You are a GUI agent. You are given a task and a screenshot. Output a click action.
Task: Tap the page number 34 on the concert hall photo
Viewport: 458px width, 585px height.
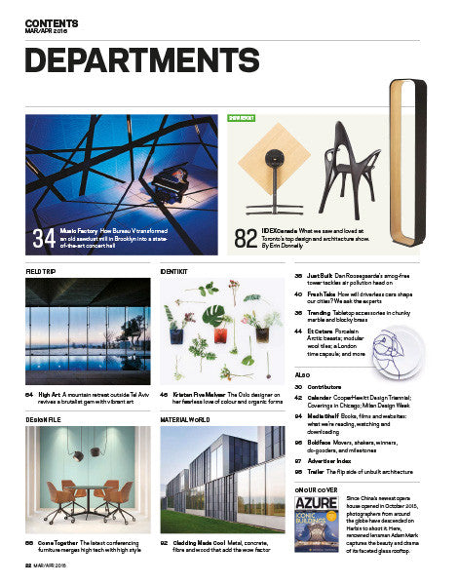(x=43, y=236)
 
